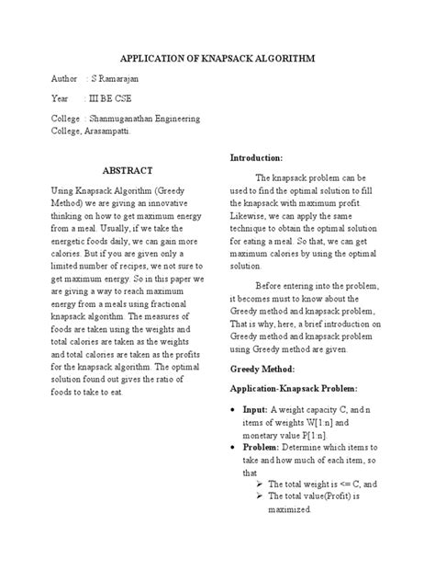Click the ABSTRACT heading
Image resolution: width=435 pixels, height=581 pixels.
coord(127,171)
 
